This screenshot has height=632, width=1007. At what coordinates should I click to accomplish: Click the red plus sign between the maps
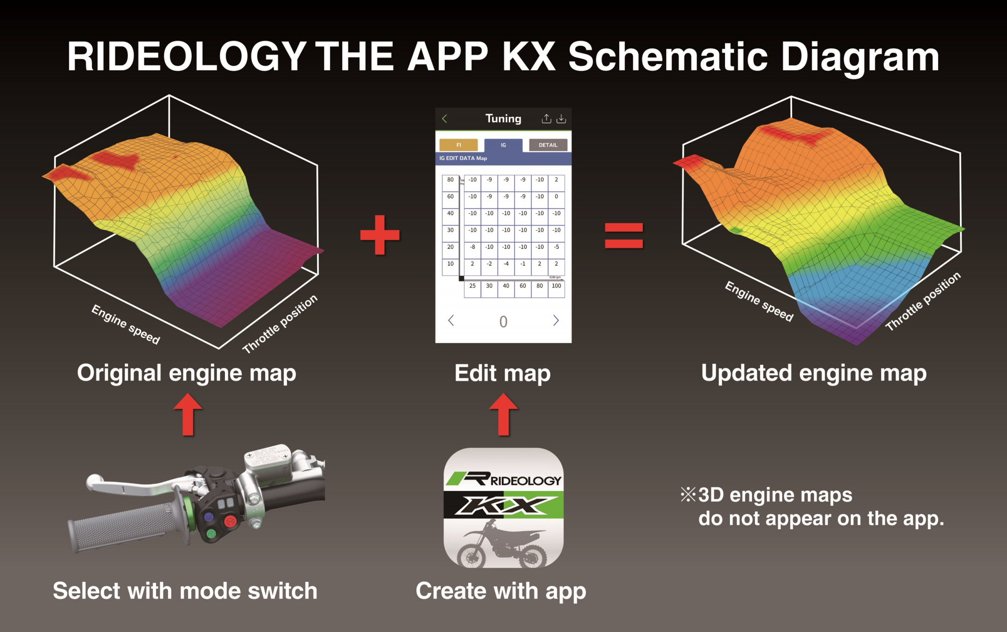[x=380, y=235]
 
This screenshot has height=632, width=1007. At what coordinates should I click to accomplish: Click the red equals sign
[x=624, y=235]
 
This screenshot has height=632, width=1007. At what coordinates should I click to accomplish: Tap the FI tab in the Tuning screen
[x=458, y=145]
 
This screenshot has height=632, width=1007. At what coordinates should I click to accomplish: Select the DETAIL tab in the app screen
[x=548, y=145]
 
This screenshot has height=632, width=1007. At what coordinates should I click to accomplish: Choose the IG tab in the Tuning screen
[x=503, y=145]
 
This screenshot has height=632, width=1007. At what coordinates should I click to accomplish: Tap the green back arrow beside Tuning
[x=445, y=119]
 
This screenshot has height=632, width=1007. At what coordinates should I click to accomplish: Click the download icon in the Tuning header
[x=561, y=119]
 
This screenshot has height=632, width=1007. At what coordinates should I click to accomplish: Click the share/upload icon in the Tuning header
[x=546, y=119]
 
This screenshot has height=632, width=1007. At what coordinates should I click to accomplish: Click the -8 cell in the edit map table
[x=472, y=247]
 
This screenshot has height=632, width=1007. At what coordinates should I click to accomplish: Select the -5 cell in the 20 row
[x=556, y=247]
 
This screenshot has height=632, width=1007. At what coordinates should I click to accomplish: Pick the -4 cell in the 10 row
[x=506, y=264]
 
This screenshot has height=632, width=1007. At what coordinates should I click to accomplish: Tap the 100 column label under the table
[x=556, y=286]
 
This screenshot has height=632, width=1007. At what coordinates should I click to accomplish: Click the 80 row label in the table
[x=450, y=180]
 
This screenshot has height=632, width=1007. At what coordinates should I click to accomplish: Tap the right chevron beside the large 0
[x=556, y=321]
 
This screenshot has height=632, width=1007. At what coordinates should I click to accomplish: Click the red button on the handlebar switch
[x=230, y=522]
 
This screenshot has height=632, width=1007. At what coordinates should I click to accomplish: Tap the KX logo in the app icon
[x=503, y=505]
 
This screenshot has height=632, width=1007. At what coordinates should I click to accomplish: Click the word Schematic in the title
[x=668, y=57]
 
